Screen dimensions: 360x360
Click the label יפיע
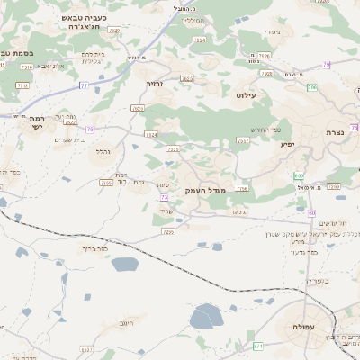point(287,144)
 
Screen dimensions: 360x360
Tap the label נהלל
point(102,152)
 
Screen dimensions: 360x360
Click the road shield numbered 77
point(83,85)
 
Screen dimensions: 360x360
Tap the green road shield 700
point(311,87)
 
